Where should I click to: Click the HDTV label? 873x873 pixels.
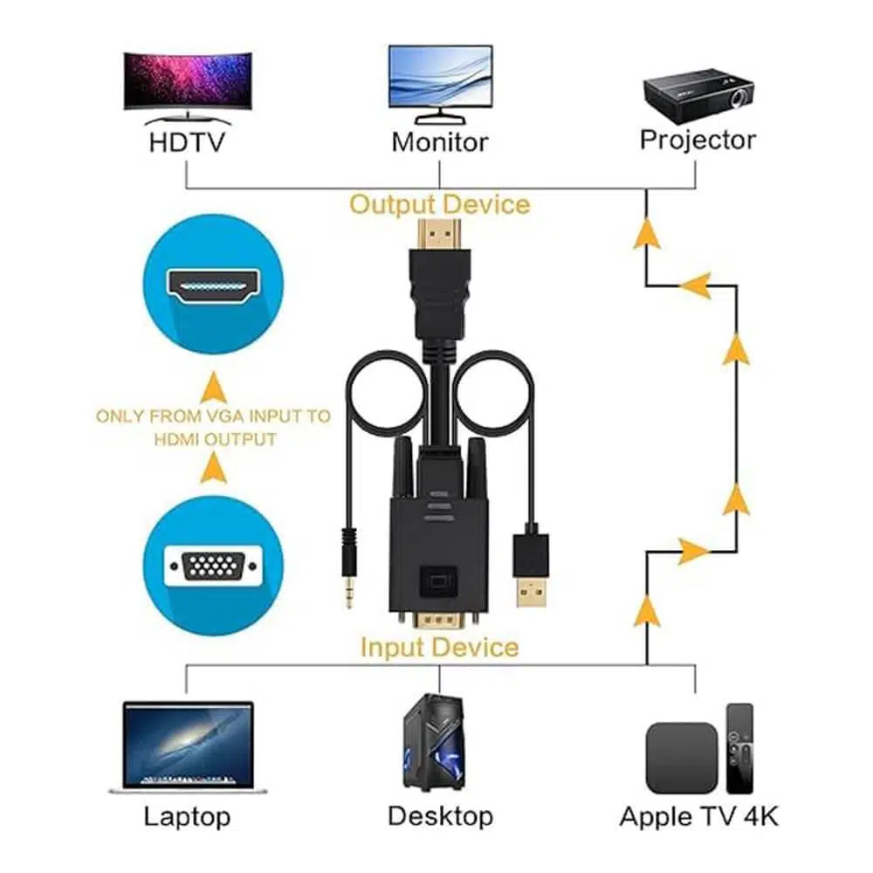pyautogui.click(x=188, y=141)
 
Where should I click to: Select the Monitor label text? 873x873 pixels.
pyautogui.click(x=440, y=141)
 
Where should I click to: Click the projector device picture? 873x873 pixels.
pyautogui.click(x=698, y=91)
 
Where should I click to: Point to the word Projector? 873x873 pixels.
pyautogui.click(x=698, y=140)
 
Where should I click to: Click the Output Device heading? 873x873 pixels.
pyautogui.click(x=440, y=204)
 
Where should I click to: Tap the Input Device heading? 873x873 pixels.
pyautogui.click(x=439, y=647)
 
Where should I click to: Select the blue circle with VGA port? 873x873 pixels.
pyautogui.click(x=213, y=567)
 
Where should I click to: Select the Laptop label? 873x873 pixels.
pyautogui.click(x=187, y=817)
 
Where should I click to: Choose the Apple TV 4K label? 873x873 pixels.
pyautogui.click(x=698, y=817)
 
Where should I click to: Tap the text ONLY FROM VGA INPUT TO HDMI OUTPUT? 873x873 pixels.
pyautogui.click(x=213, y=427)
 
